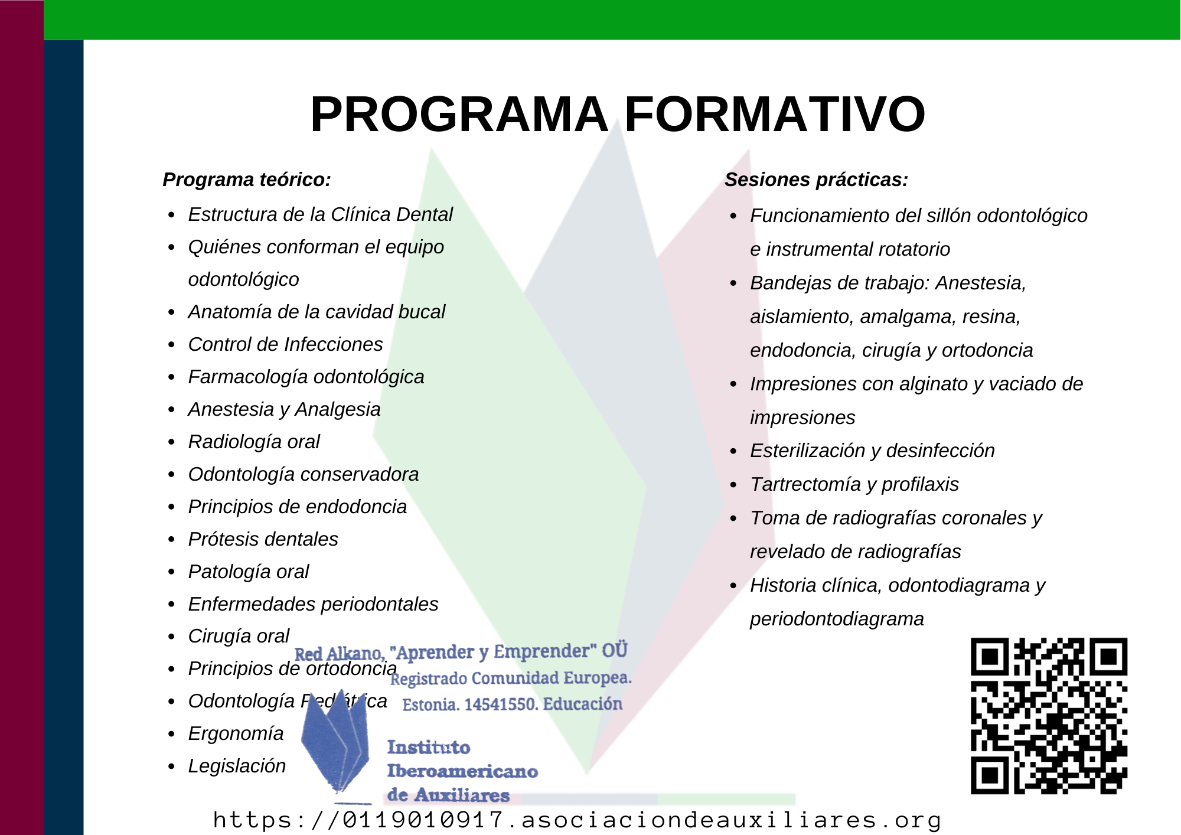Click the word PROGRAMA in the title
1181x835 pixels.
pos(459,114)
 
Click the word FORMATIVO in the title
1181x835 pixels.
pos(775,114)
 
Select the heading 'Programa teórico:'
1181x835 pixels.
pos(247,180)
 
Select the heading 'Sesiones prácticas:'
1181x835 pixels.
pos(816,180)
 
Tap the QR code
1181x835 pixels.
pos(1049,716)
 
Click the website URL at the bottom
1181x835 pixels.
pos(577,820)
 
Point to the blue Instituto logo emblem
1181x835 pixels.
pos(335,741)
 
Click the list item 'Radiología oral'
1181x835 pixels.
pos(254,442)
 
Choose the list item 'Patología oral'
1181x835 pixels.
pos(249,572)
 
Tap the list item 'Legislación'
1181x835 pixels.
pos(237,766)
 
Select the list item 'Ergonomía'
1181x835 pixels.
pos(236,733)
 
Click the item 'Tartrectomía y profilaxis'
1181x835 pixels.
pos(854,484)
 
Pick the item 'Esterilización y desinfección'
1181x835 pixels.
pos(872,451)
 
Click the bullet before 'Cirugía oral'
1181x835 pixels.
pos(171,637)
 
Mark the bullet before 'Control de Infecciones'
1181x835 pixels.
pos(171,345)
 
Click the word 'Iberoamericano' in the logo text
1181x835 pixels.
pos(462,771)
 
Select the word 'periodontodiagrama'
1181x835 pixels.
pos(837,619)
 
